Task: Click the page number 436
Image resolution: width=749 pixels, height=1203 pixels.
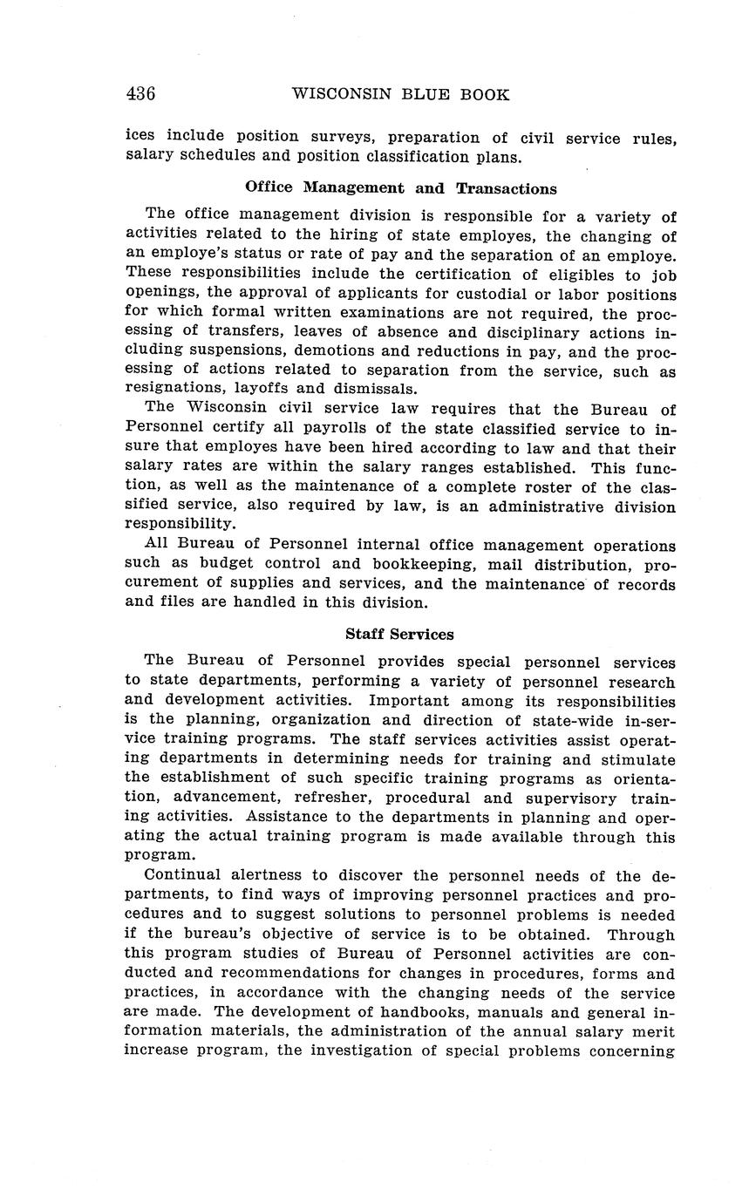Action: click(x=140, y=94)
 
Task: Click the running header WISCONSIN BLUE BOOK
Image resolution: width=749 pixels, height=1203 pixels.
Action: click(x=400, y=94)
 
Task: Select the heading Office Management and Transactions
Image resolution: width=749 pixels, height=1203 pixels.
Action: click(x=400, y=188)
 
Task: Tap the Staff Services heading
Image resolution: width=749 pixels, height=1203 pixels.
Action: click(x=399, y=635)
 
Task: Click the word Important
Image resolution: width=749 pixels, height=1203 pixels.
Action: click(x=410, y=701)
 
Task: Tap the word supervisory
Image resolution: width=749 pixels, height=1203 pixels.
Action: click(x=568, y=798)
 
